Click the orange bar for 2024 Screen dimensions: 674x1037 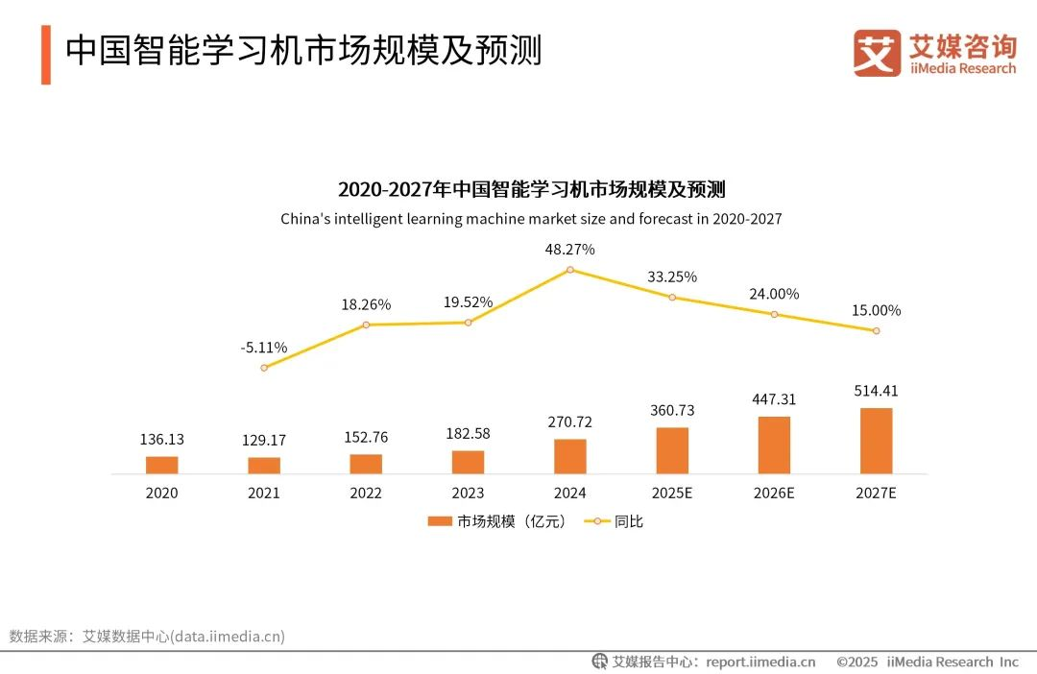point(569,456)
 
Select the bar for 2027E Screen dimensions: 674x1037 point(876,441)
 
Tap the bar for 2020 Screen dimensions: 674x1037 point(161,465)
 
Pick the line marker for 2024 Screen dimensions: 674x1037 point(570,270)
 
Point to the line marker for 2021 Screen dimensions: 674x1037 point(264,368)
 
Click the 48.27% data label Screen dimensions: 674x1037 point(570,250)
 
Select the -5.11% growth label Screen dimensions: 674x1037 point(264,348)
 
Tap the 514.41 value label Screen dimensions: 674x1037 point(876,391)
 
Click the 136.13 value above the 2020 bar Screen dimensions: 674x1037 point(161,440)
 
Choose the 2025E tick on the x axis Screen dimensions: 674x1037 point(672,493)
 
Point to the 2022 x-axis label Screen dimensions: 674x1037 point(366,493)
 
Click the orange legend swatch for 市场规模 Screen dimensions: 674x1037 point(440,521)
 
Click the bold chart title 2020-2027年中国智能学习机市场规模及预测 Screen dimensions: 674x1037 point(531,188)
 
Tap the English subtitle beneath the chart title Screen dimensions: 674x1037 point(531,219)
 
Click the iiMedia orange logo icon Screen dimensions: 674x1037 point(877,53)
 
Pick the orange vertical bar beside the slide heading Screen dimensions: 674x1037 point(46,55)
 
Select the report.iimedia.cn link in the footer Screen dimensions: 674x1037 point(760,662)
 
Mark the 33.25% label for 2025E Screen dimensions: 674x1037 point(672,277)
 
